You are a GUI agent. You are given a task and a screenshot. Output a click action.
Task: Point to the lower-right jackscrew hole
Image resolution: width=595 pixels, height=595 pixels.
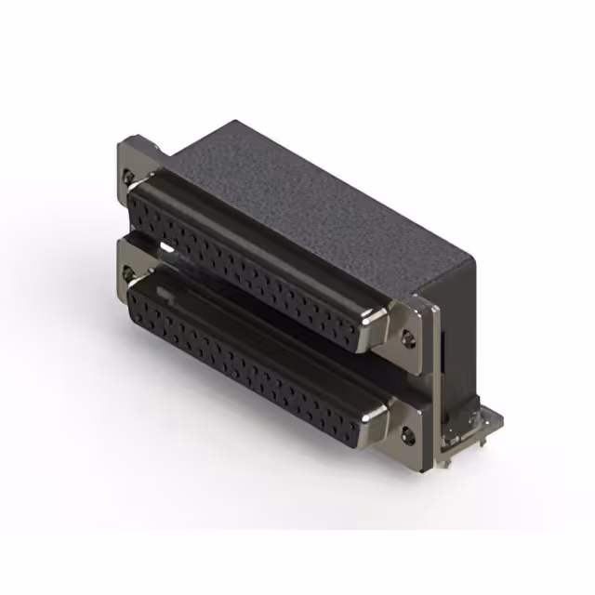click(x=409, y=432)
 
